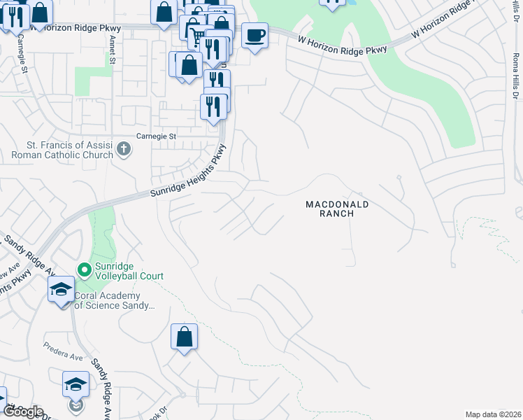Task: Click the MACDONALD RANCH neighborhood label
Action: coord(336,209)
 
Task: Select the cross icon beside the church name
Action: coord(124,148)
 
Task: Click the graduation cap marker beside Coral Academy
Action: coord(61,288)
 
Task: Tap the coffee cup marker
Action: coord(255,34)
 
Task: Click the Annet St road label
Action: coord(111,50)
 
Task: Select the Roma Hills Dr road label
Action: coord(515,70)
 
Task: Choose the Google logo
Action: coord(22,411)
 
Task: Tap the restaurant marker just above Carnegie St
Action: coord(213,106)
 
